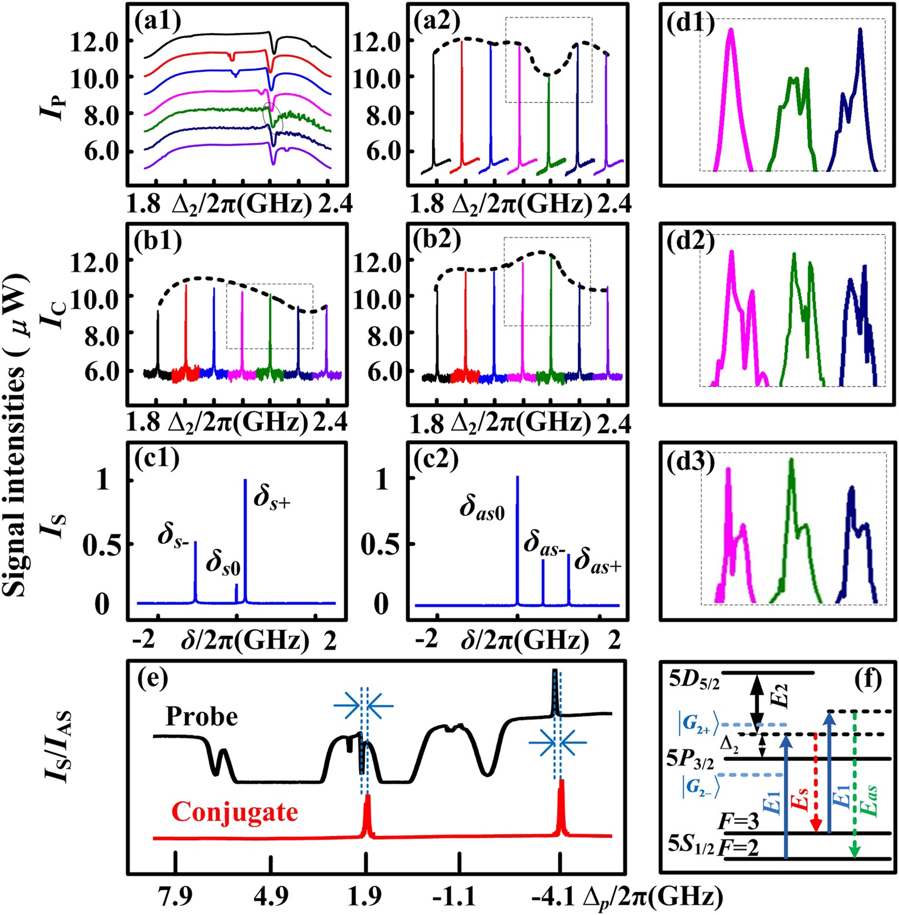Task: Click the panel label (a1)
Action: [x=158, y=21]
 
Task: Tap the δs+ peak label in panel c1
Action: [x=272, y=497]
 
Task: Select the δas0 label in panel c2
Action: [x=482, y=507]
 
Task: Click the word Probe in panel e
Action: [x=201, y=716]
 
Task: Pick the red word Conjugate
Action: [x=235, y=812]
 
